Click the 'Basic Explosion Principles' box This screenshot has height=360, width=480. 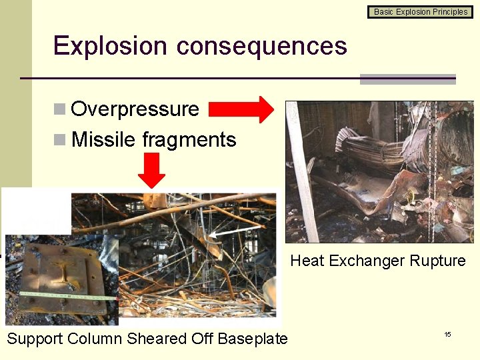[421, 11]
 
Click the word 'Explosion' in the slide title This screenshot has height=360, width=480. [110, 46]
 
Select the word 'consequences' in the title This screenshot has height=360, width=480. [261, 46]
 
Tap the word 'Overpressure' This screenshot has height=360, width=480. [135, 109]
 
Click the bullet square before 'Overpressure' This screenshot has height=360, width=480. [60, 109]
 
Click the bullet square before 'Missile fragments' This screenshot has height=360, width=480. [60, 140]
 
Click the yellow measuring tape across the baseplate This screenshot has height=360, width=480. [60, 294]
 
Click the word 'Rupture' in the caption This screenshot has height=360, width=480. [436, 261]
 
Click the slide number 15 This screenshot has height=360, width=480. [447, 333]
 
